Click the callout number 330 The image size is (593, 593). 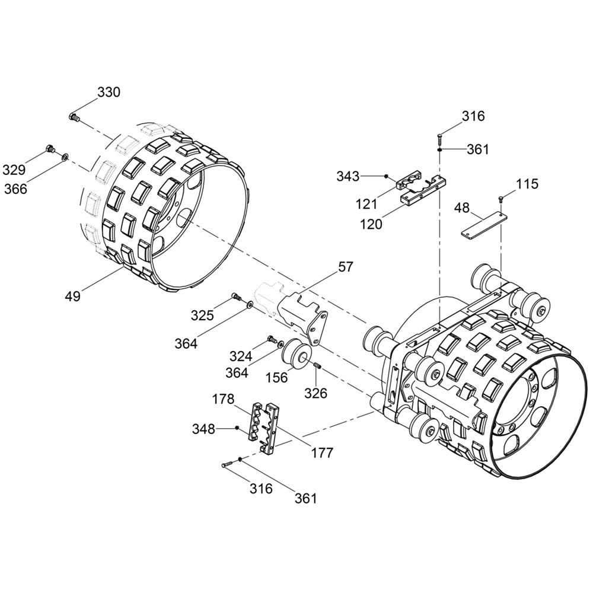[x=109, y=92]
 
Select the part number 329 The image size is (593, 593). [x=14, y=170]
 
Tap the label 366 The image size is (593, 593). [x=16, y=189]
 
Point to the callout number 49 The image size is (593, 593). [x=72, y=296]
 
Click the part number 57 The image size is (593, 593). [x=346, y=267]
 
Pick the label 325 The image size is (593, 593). [x=202, y=315]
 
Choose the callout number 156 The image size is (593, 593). [x=277, y=377]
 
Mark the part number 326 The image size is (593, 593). [x=316, y=393]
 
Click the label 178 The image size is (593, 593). [x=223, y=399]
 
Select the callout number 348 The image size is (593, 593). [x=203, y=429]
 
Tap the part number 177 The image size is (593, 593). [x=322, y=452]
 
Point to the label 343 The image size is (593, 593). [x=348, y=176]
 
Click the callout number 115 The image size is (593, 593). [x=527, y=184]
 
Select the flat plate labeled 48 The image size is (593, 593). [x=483, y=226]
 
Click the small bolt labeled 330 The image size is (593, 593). [x=75, y=117]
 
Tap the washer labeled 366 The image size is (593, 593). [x=65, y=156]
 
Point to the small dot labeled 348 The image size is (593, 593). [x=237, y=428]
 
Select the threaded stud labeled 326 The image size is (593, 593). [x=317, y=365]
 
